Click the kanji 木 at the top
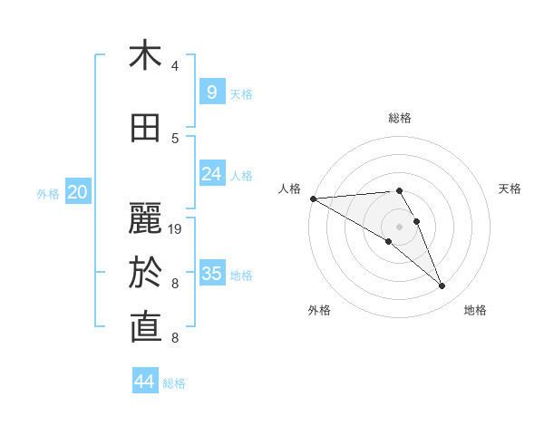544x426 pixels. tap(145, 55)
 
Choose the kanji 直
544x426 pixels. tap(145, 327)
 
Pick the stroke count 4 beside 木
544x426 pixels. tap(175, 66)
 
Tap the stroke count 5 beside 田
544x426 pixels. tap(175, 139)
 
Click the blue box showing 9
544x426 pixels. tap(211, 92)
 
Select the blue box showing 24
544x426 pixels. tap(211, 173)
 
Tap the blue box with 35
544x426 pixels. tap(211, 273)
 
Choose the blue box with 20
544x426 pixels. tap(78, 191)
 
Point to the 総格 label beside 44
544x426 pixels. tap(174, 383)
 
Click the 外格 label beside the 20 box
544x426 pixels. tap(48, 193)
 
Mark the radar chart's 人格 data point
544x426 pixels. tap(313, 198)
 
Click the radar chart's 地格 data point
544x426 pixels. tap(442, 286)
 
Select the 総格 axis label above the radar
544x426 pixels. tap(399, 118)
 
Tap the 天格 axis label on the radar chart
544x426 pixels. tap(510, 189)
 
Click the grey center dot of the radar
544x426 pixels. tap(399, 227)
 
